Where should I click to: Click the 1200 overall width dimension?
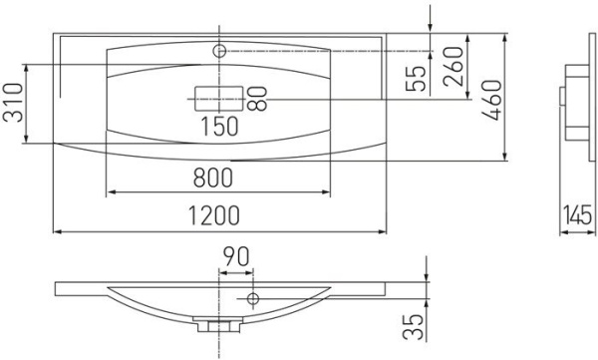(x=214, y=215)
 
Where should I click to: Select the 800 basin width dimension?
(x=213, y=178)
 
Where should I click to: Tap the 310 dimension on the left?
(x=13, y=103)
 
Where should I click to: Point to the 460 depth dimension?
(x=491, y=101)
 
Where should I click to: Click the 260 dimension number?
(x=453, y=66)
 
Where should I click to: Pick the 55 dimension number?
(x=416, y=79)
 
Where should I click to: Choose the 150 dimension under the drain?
(x=219, y=127)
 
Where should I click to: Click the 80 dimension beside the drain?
(x=257, y=99)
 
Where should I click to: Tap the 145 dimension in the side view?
(x=577, y=214)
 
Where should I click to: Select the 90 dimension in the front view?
(x=236, y=256)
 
